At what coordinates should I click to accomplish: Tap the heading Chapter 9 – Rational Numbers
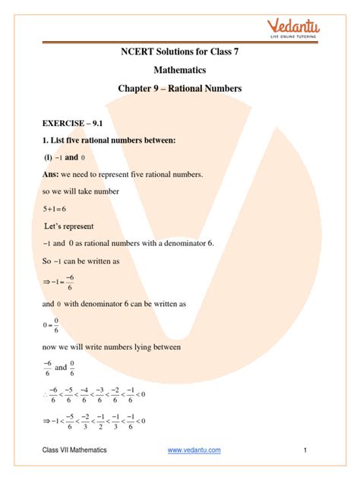(179, 89)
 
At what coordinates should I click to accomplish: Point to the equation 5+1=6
(59, 207)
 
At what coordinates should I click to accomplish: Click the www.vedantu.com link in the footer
(194, 450)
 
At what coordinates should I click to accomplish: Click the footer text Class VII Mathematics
(74, 450)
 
